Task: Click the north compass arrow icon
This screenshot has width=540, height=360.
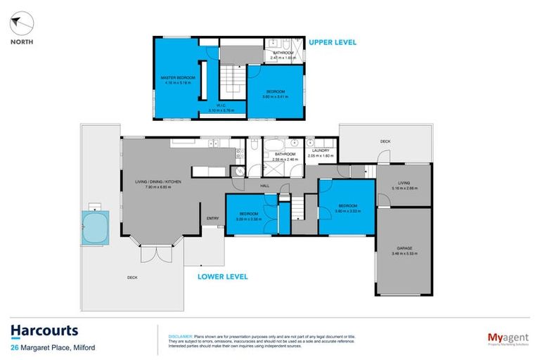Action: pyautogui.click(x=21, y=24)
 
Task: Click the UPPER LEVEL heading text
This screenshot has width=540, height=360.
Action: pyautogui.click(x=332, y=42)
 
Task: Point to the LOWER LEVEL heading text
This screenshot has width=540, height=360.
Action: pyautogui.click(x=222, y=276)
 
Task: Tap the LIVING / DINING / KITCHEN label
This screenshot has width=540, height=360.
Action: pyautogui.click(x=162, y=182)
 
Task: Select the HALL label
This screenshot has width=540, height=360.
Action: pyautogui.click(x=265, y=185)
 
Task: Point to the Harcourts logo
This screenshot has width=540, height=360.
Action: pyautogui.click(x=44, y=330)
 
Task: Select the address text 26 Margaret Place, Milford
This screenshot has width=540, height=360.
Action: pyautogui.click(x=53, y=347)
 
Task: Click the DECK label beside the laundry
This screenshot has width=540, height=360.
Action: pyautogui.click(x=385, y=141)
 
